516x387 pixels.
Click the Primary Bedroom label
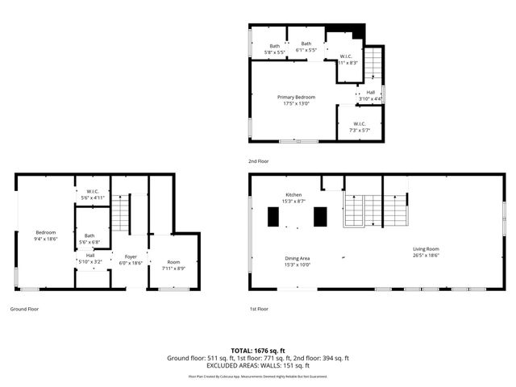tap(296, 100)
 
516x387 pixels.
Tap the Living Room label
tap(427, 252)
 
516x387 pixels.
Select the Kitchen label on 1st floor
tap(293, 198)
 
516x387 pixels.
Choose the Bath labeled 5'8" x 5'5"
tap(275, 48)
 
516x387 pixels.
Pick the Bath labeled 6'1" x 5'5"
tap(306, 46)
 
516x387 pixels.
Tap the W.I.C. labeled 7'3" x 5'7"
tap(359, 127)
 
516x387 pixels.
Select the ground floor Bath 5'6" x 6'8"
tap(89, 239)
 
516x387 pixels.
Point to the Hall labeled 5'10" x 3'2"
tap(90, 258)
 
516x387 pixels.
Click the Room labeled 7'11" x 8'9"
tap(173, 264)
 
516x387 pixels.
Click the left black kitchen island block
tap(273, 218)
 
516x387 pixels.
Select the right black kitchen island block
tap(320, 218)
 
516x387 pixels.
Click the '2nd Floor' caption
tap(259, 161)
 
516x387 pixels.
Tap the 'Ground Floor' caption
tap(23, 309)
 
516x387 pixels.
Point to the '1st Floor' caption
tap(258, 309)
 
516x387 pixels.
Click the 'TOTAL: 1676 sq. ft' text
tap(257, 351)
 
